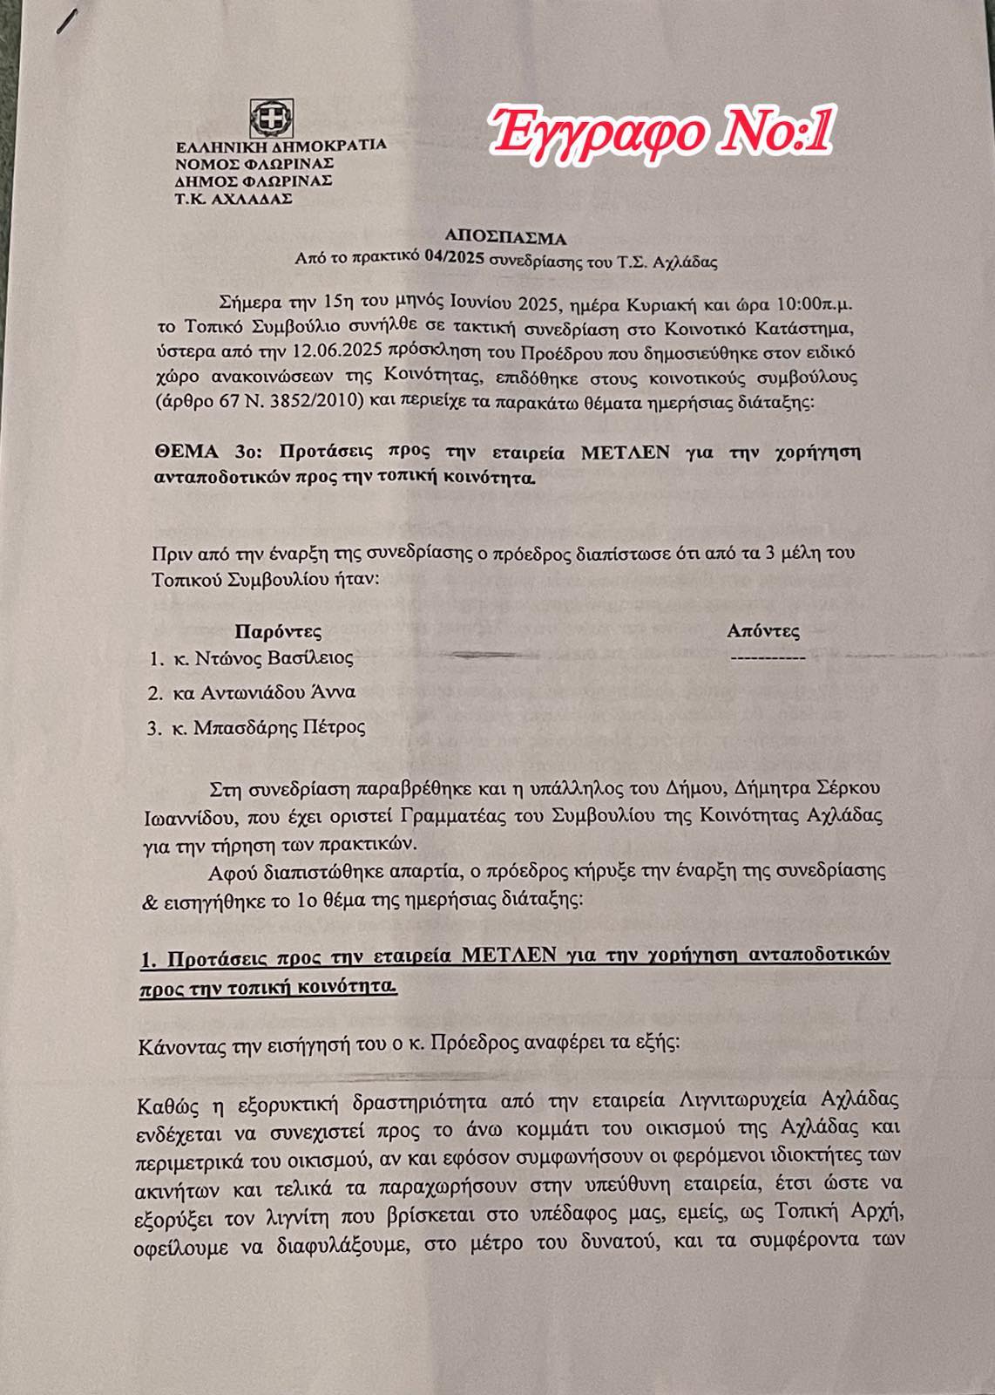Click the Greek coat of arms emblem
pyautogui.click(x=266, y=118)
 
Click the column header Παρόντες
pyautogui.click(x=279, y=630)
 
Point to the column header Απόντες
pyautogui.click(x=763, y=631)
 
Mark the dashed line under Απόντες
pyautogui.click(x=768, y=657)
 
